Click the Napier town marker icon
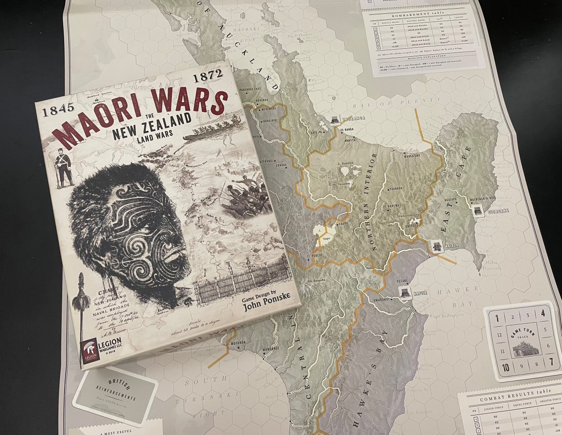point(405,292)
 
